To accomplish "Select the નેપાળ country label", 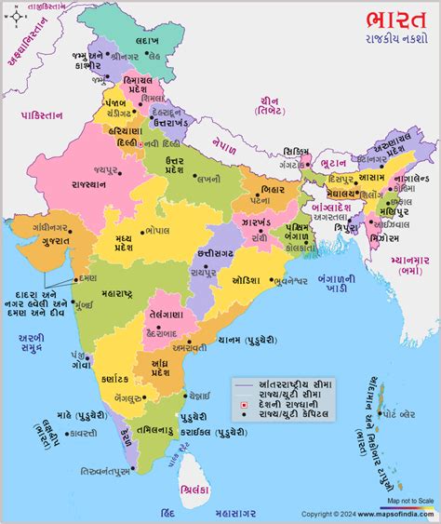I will click(x=224, y=145).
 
